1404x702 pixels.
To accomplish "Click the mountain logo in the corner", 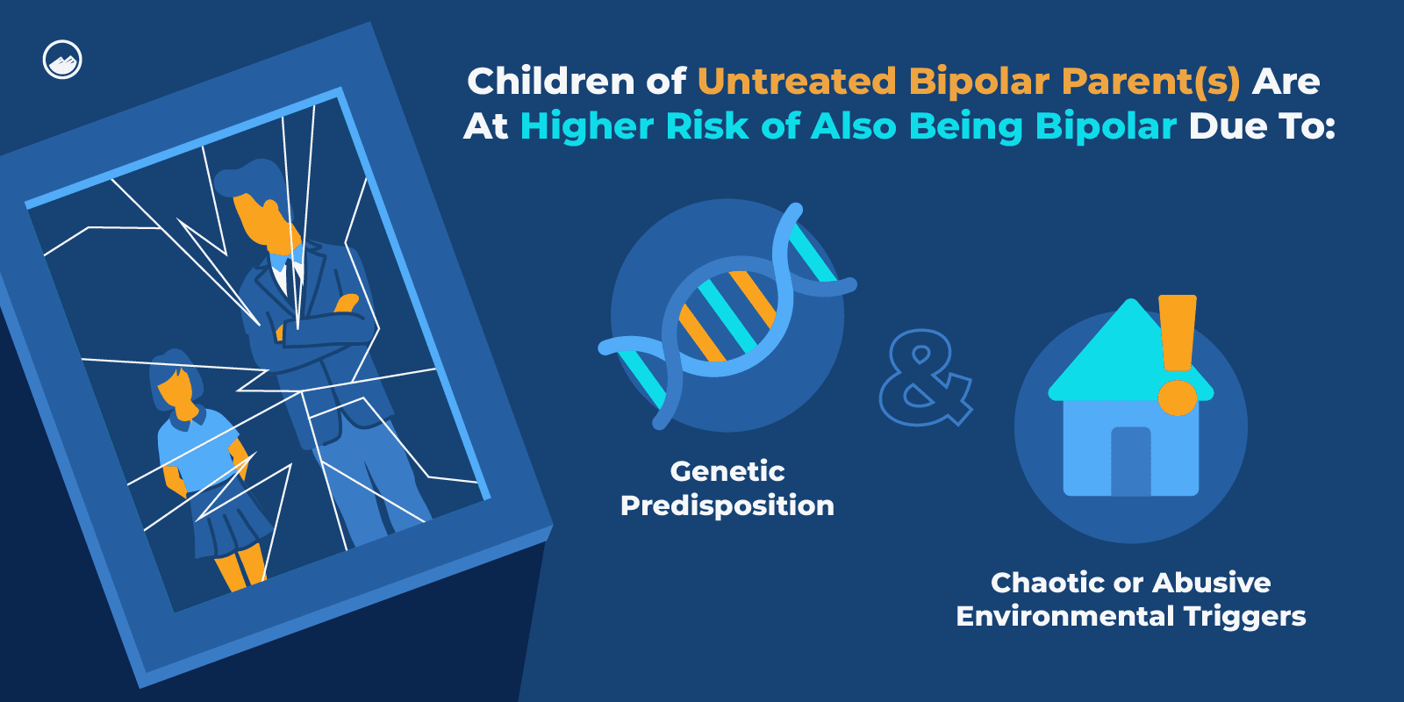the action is (62, 61).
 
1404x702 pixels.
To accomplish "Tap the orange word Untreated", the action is (797, 81).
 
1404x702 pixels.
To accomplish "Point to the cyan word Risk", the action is (707, 126).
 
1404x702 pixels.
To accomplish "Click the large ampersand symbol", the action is (925, 378).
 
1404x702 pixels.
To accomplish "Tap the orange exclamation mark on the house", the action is (1178, 355).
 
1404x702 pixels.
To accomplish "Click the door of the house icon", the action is (1131, 462).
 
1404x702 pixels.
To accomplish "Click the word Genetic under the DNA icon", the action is (727, 472).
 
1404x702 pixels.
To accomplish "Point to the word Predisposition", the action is (727, 505).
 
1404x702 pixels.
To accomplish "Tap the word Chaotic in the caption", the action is (1048, 583).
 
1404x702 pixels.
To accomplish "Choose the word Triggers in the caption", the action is (1245, 617).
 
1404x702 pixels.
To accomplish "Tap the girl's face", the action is (175, 392).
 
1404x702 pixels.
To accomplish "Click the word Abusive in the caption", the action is (1212, 583).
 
